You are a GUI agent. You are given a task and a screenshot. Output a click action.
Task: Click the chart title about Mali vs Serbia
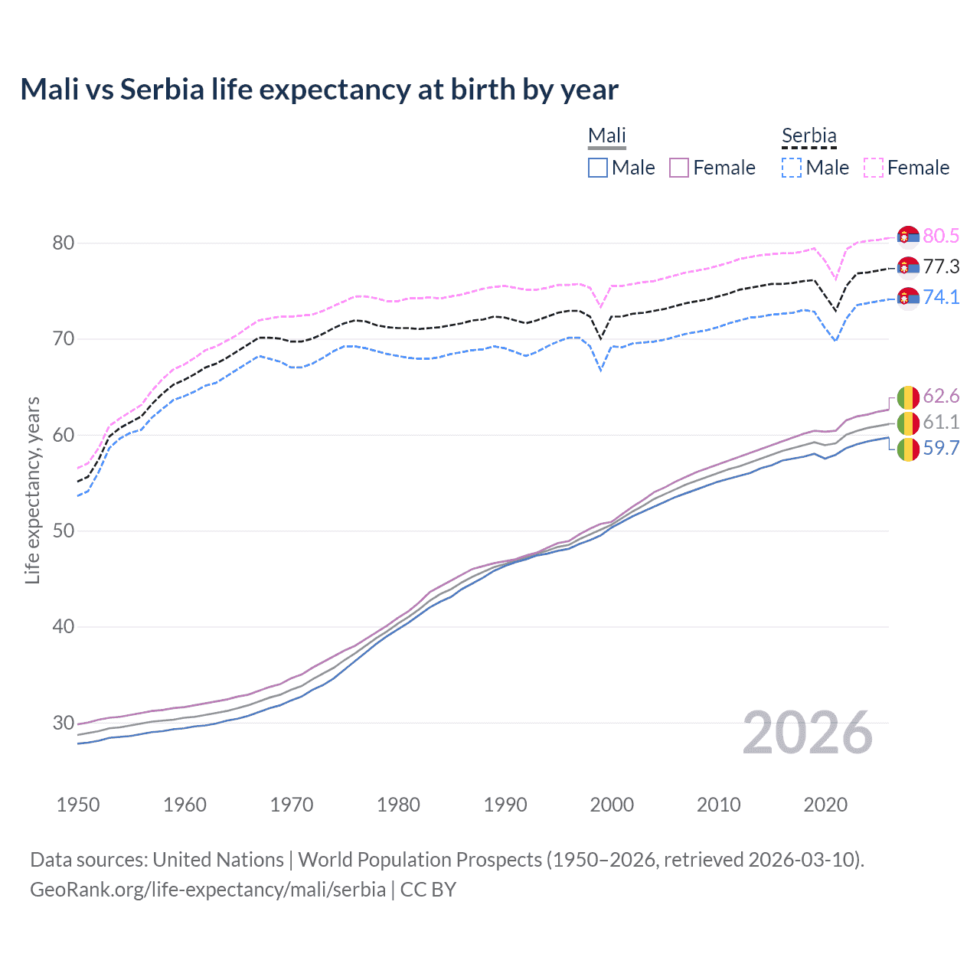coord(319,90)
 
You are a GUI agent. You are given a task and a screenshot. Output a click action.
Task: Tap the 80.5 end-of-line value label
coord(941,236)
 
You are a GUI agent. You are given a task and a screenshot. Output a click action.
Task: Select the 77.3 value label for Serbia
coord(941,266)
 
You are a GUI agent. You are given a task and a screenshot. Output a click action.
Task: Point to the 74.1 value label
coord(941,297)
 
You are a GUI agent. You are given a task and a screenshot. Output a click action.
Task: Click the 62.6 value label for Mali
coord(941,396)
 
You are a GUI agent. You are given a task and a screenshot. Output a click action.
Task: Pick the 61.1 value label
coord(941,422)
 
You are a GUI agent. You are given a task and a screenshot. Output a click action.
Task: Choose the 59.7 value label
coord(941,448)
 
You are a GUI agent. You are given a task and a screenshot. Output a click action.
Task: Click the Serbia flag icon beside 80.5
coord(908,237)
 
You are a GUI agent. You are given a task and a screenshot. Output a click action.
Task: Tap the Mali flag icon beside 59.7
coord(908,449)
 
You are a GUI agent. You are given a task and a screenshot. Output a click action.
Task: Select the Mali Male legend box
coord(598,168)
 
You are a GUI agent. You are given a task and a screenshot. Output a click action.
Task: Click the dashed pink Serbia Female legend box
coord(874,168)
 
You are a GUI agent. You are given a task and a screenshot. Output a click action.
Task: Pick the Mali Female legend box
coord(679,168)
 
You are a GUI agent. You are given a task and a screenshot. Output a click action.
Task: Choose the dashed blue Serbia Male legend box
coord(792,168)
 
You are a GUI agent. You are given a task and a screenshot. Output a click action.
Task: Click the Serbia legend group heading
coord(808,136)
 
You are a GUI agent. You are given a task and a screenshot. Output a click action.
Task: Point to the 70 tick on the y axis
coord(63,338)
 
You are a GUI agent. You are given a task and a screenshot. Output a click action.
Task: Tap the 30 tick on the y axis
coord(63,723)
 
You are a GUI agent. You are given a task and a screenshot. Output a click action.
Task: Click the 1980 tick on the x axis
coord(398,805)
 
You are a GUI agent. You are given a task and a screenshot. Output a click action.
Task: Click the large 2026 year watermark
coord(807,733)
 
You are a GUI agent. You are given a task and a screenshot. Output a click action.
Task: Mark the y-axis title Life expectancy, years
coord(33,490)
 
